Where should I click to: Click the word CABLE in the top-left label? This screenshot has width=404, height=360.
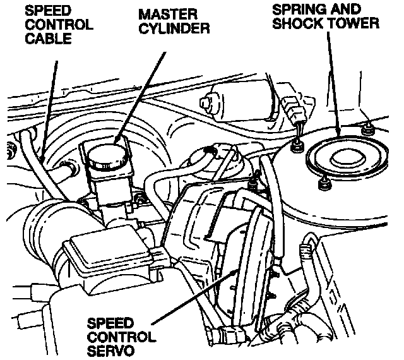tap(48, 39)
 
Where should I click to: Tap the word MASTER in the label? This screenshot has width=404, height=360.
tap(168, 14)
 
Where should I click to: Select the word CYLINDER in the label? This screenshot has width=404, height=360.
tap(174, 28)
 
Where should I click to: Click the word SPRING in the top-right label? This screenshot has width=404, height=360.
tap(299, 9)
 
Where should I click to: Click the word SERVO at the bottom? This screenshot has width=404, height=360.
tap(111, 351)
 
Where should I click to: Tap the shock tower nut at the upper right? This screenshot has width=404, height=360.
tap(367, 128)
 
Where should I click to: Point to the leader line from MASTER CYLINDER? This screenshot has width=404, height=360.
tap(140, 97)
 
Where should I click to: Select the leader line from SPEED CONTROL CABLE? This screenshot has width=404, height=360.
tap(49, 109)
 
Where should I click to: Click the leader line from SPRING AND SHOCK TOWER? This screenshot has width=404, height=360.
tap(334, 85)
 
